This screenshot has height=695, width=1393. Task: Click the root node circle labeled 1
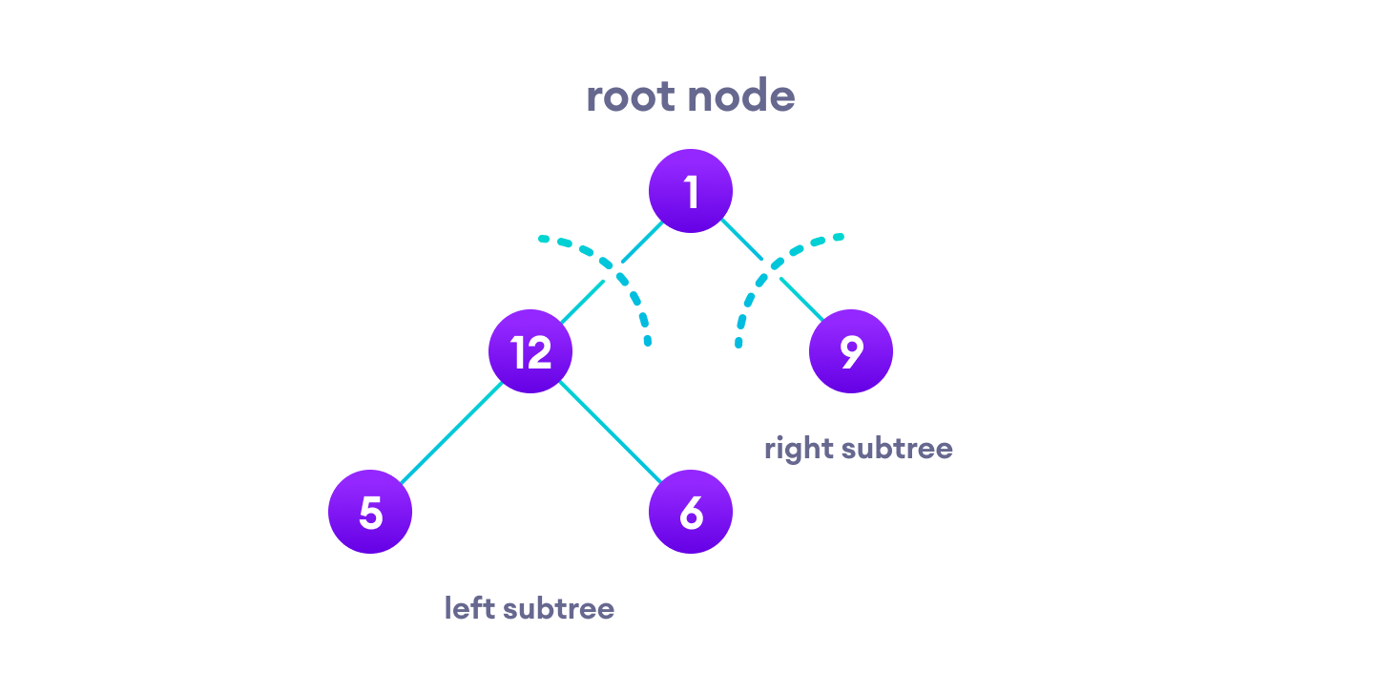click(691, 191)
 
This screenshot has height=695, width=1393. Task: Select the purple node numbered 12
click(530, 351)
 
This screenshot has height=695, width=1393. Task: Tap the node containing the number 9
click(851, 351)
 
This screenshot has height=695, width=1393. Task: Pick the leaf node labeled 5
click(370, 512)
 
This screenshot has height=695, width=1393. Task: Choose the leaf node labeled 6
click(691, 512)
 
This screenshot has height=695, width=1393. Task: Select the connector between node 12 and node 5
click(450, 432)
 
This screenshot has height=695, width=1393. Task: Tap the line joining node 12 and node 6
click(611, 432)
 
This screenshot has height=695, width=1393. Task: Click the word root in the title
click(632, 97)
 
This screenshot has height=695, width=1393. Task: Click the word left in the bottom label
click(468, 608)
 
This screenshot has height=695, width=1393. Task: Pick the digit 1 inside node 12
click(517, 352)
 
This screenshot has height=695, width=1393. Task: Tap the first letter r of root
click(593, 99)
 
